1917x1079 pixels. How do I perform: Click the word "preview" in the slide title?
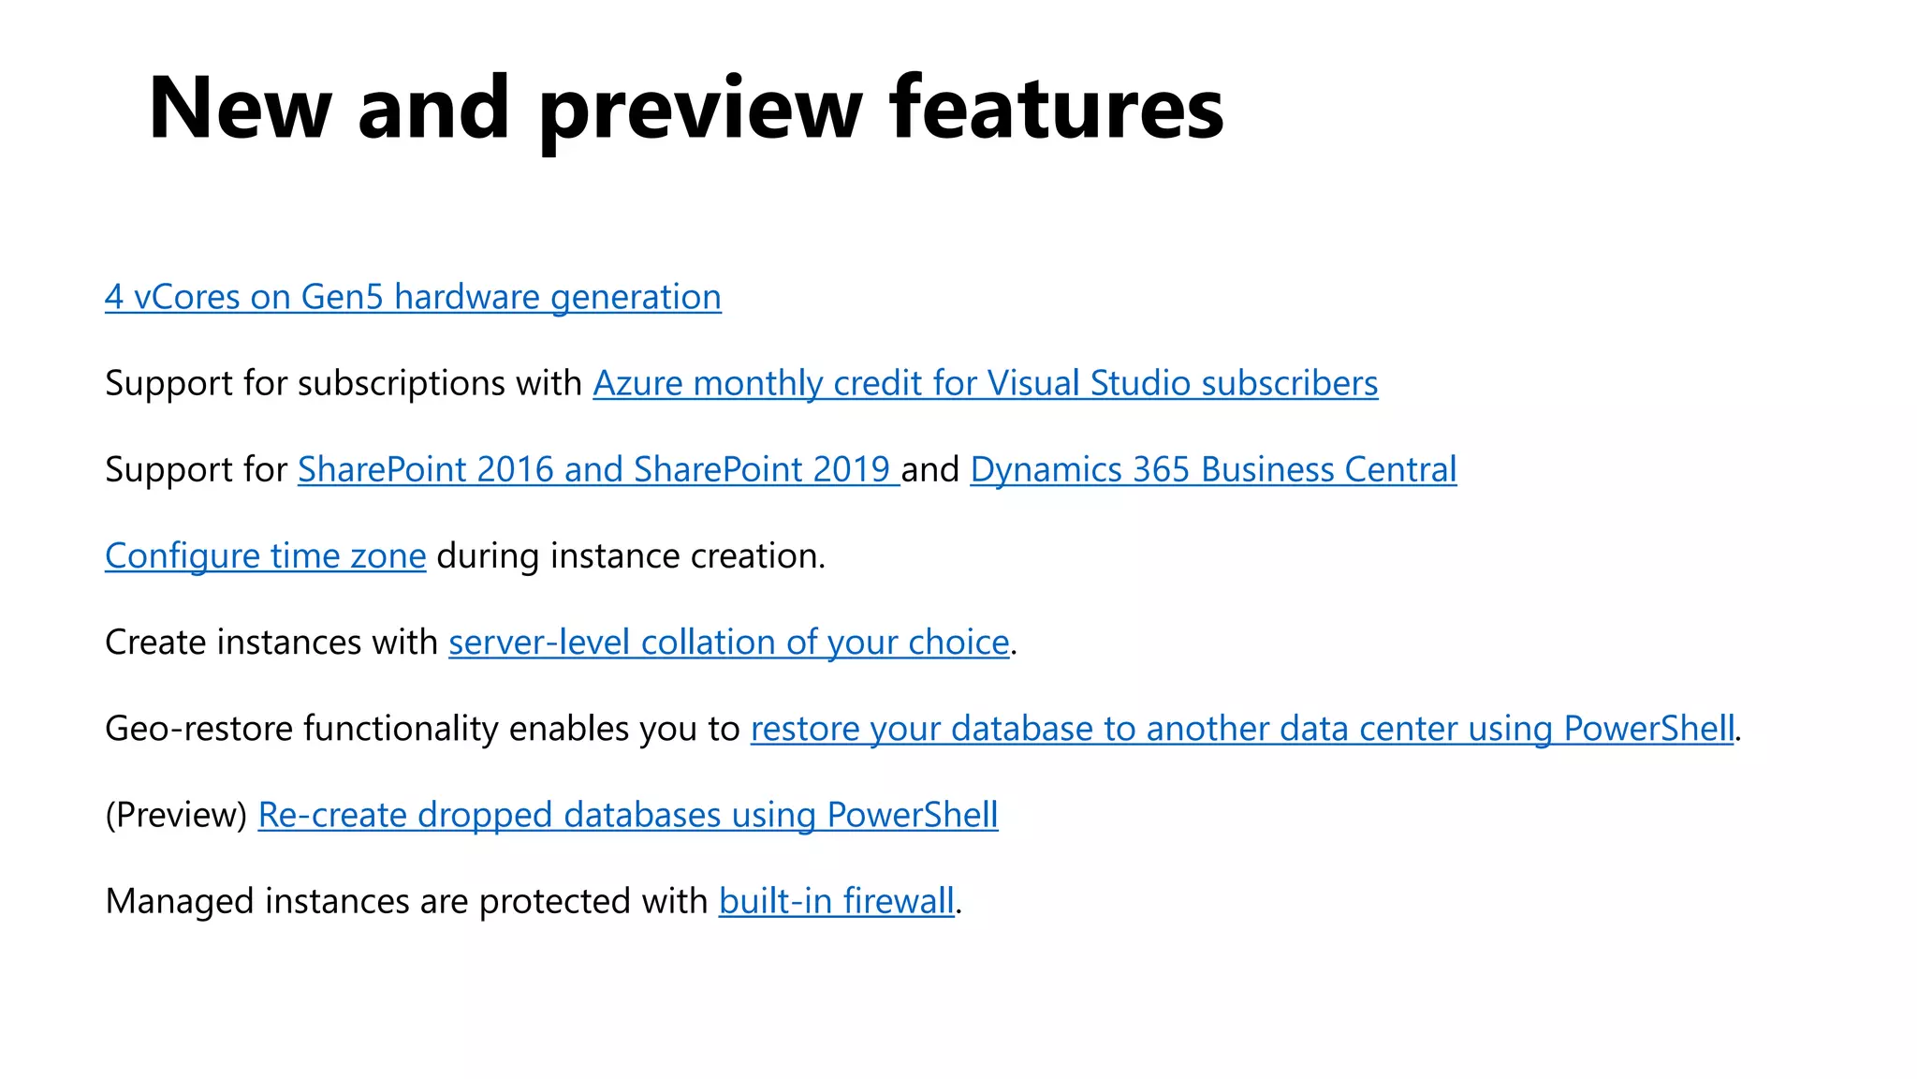click(x=699, y=111)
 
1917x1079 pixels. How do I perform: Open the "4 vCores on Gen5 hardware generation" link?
click(x=413, y=297)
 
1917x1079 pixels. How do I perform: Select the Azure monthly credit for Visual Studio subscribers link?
click(x=985, y=383)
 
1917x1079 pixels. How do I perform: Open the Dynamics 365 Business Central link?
click(x=1213, y=469)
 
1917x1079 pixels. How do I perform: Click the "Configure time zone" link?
click(x=265, y=555)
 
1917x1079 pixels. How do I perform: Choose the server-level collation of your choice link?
click(x=728, y=643)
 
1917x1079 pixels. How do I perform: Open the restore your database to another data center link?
click(x=1242, y=729)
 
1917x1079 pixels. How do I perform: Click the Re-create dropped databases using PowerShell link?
click(x=627, y=815)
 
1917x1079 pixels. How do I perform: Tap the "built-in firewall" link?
click(x=836, y=901)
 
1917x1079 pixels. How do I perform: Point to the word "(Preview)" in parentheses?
click(x=176, y=815)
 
